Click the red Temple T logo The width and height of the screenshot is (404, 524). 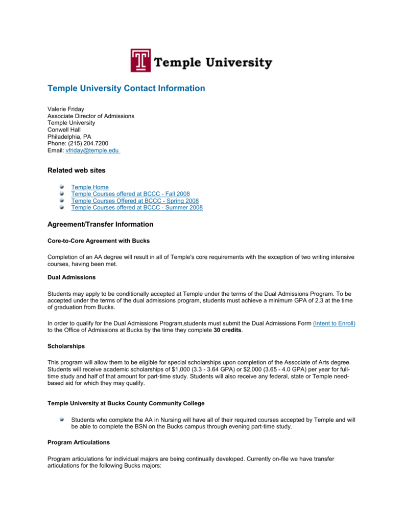[x=140, y=60]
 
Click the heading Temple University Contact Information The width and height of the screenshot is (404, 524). [x=126, y=89]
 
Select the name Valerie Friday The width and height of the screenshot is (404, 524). [x=66, y=109]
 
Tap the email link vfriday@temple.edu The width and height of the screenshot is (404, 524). [x=92, y=150]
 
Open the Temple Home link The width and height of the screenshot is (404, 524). [x=90, y=187]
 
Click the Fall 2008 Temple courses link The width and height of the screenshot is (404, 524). [x=130, y=194]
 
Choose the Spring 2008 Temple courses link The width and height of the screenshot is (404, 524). [x=135, y=201]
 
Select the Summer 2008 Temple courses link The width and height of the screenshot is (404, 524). [x=137, y=207]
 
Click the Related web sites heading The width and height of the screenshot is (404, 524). [x=77, y=170]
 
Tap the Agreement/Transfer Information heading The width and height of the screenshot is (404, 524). [x=100, y=224]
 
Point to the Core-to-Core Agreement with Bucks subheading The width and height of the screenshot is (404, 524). [x=99, y=241]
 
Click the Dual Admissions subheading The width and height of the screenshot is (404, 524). [x=72, y=277]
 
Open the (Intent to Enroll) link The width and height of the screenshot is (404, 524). [x=334, y=323]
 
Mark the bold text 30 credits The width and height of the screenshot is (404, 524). [x=228, y=330]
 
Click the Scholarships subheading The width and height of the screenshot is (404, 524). [x=66, y=346]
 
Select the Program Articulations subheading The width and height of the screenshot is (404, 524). [x=79, y=442]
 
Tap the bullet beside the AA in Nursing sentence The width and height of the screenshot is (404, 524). [x=61, y=419]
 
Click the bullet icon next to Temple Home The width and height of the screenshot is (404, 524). [x=61, y=187]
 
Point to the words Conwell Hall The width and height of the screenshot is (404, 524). [x=64, y=130]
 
